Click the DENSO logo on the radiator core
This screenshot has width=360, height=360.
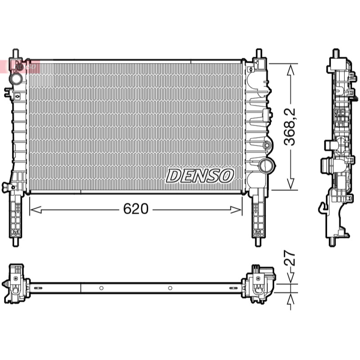tap(200, 176)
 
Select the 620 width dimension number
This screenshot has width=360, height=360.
tap(136, 209)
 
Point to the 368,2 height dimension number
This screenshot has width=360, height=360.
tap(289, 127)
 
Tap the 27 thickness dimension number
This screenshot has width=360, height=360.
tap(290, 258)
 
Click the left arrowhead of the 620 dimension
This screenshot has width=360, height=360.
tap(36, 210)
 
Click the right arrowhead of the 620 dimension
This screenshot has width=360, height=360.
tap(236, 210)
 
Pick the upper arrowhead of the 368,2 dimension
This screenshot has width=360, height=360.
tap(290, 70)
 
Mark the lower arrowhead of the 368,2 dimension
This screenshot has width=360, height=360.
tap(290, 184)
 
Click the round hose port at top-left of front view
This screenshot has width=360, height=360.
tap(16, 78)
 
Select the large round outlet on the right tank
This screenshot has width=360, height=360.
tap(267, 165)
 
